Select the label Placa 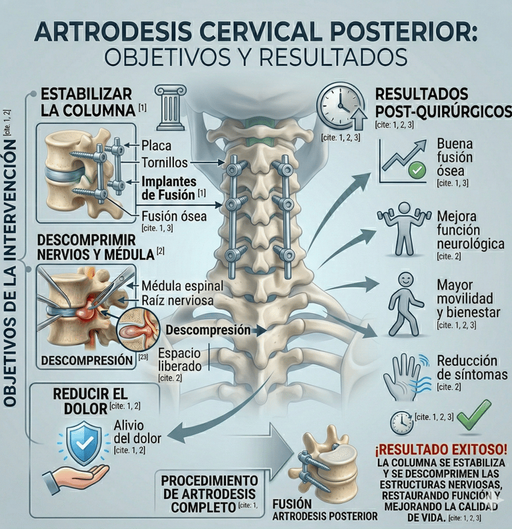(x=157, y=145)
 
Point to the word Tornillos (x=165, y=163)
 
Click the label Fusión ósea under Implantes (x=174, y=215)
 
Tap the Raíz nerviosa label (x=177, y=301)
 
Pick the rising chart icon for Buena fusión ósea (x=402, y=162)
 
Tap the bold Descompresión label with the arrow (x=208, y=330)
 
